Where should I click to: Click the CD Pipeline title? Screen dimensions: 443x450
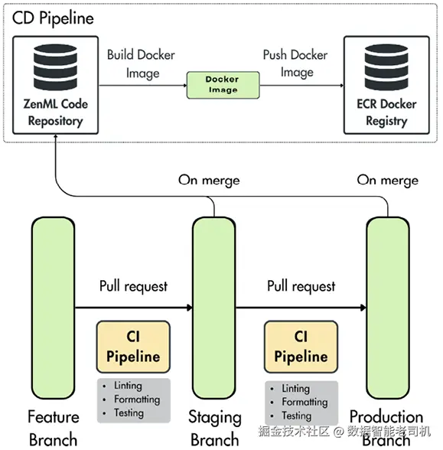pyautogui.click(x=53, y=18)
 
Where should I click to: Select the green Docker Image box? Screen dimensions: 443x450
pyautogui.click(x=223, y=85)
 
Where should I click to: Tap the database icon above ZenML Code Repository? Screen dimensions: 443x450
pyautogui.click(x=55, y=67)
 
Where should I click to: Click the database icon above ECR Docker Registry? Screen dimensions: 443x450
pyautogui.click(x=386, y=67)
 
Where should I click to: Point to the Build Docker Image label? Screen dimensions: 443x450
pyautogui.click(x=141, y=64)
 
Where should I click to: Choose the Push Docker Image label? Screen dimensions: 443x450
pyautogui.click(x=295, y=64)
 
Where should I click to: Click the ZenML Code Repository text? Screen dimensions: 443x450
pyautogui.click(x=55, y=112)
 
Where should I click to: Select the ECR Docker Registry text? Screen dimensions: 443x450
pyautogui.click(x=386, y=112)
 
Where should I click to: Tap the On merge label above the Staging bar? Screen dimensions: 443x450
pyautogui.click(x=209, y=181)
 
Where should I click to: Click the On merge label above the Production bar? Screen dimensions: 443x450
pyautogui.click(x=388, y=181)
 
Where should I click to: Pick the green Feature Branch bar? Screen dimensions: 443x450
pyautogui.click(x=53, y=308)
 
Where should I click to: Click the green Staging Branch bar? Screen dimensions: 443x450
pyautogui.click(x=214, y=308)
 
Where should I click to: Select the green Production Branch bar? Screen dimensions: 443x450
pyautogui.click(x=388, y=308)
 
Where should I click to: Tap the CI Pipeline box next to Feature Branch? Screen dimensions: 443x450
pyautogui.click(x=133, y=347)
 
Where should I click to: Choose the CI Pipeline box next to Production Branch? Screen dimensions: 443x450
pyautogui.click(x=301, y=347)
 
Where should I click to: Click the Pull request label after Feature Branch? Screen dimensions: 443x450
pyautogui.click(x=133, y=286)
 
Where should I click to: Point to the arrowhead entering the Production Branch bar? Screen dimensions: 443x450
pyautogui.click(x=363, y=308)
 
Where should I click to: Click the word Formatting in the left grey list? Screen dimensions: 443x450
pyautogui.click(x=137, y=399)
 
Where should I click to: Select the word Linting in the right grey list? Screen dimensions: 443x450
pyautogui.click(x=295, y=389)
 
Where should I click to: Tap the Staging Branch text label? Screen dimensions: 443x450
pyautogui.click(x=214, y=428)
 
